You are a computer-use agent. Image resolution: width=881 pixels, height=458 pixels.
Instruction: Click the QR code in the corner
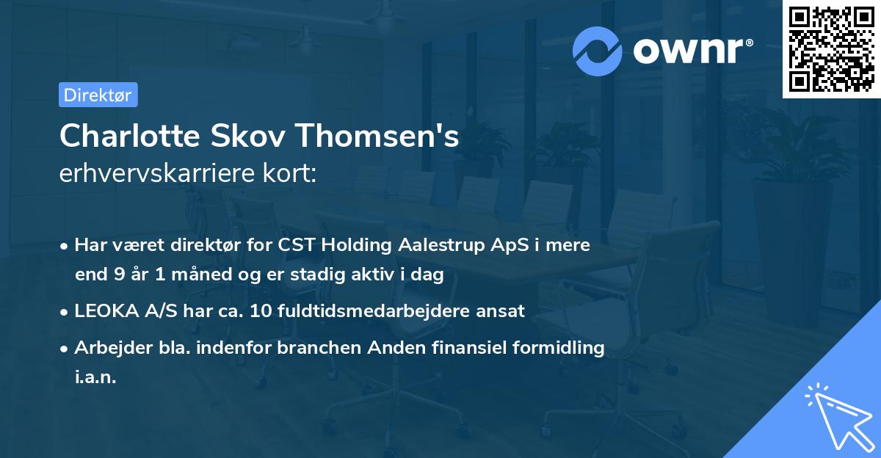831,50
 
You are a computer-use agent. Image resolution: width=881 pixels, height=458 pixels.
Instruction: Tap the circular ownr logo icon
597,51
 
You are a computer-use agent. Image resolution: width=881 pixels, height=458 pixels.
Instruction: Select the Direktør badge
98,95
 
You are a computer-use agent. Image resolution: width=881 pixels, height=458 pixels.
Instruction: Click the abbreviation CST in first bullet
294,245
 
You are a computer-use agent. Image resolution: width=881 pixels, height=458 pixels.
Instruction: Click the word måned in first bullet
192,275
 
